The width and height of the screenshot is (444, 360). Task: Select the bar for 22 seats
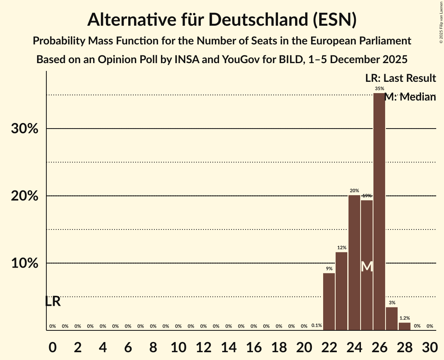tap(329, 302)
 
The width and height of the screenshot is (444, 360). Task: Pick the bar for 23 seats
tap(341, 291)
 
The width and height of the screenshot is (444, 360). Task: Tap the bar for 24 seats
tap(354, 263)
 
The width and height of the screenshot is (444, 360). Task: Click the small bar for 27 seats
tap(392, 319)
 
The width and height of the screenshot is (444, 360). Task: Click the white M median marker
tap(367, 266)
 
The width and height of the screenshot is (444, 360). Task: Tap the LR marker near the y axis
tap(53, 301)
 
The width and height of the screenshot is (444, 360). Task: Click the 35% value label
tap(379, 89)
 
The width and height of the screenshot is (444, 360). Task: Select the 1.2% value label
tap(405, 318)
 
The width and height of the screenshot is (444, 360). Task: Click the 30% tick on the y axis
tap(25, 129)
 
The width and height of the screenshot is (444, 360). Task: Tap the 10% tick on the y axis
tap(25, 263)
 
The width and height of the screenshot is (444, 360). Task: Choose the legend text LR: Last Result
tap(400, 78)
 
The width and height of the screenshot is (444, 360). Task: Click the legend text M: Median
tap(410, 97)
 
